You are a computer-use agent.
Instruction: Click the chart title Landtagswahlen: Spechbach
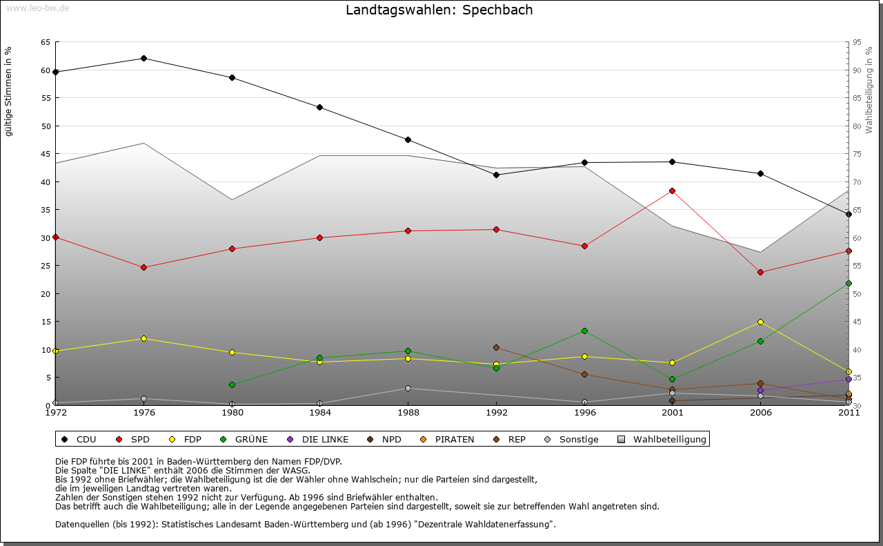(439, 10)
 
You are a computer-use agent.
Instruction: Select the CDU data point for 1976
(143, 58)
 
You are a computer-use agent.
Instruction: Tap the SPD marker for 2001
(672, 191)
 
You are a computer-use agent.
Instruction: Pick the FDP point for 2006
(760, 322)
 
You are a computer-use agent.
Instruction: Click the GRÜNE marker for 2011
(849, 283)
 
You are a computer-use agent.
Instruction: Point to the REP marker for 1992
(496, 347)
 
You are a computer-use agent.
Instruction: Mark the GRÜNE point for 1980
(232, 384)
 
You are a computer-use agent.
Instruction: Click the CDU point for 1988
(408, 139)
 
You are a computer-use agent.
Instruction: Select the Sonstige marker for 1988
(408, 388)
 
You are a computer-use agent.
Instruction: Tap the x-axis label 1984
(319, 413)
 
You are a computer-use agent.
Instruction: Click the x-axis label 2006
(760, 413)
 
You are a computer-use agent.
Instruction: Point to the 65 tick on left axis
(46, 42)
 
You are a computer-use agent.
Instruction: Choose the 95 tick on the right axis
(857, 42)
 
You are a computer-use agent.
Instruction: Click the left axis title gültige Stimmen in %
(8, 91)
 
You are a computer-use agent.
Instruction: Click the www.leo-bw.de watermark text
(37, 8)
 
